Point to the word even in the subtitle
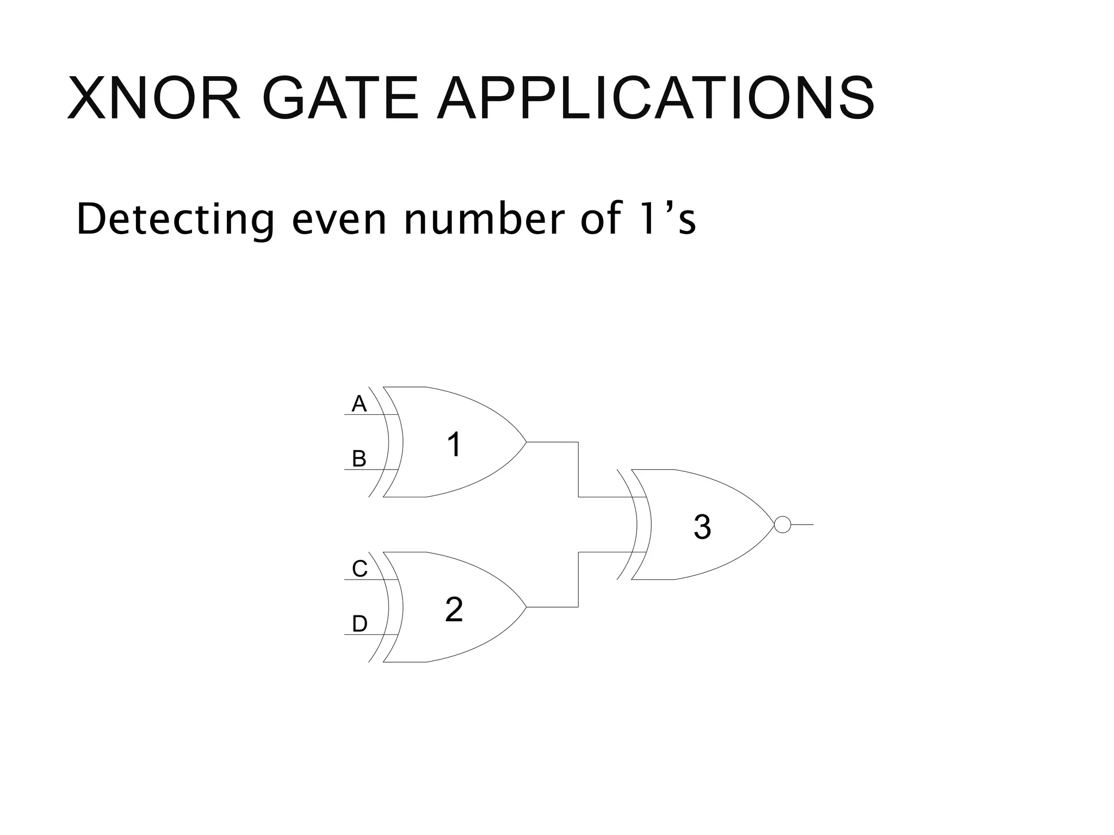[339, 220]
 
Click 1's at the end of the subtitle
[668, 220]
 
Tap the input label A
[359, 404]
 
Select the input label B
[359, 459]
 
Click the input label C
[360, 569]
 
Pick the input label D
[360, 624]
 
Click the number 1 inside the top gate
[454, 445]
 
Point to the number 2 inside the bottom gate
[454, 610]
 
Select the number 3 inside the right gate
[702, 527]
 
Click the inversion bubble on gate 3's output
[782, 525]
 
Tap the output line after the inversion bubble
[802, 525]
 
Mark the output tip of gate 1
[525, 442]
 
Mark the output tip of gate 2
[525, 607]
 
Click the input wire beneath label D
[364, 634]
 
